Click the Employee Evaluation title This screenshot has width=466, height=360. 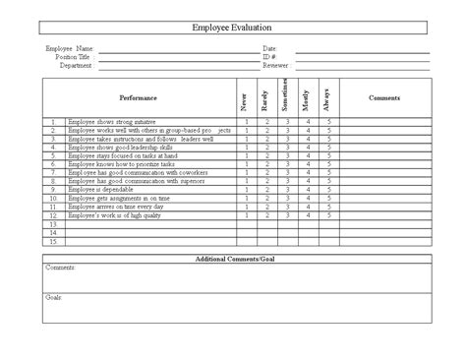point(232,29)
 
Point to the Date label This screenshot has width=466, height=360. point(269,47)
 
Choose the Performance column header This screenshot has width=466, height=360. point(138,98)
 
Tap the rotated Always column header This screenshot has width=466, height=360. point(327,98)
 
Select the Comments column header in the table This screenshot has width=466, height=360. point(384,98)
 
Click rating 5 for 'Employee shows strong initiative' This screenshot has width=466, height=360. point(327,123)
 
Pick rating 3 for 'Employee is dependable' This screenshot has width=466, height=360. point(287,188)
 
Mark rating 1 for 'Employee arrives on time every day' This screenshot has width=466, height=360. point(246,206)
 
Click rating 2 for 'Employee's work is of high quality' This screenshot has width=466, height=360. point(266,214)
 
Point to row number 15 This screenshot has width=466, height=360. point(53,241)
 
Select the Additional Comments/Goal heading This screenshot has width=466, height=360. point(232,258)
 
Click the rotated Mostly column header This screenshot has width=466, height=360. point(308,98)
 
